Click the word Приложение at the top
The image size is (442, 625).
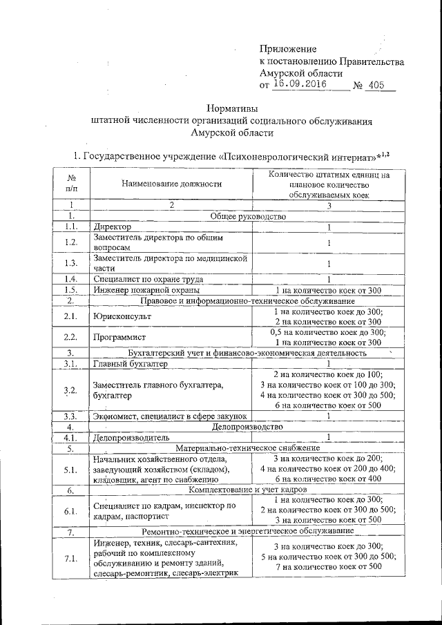click(288, 49)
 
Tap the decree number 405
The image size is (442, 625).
click(378, 86)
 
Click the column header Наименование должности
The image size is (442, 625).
click(171, 184)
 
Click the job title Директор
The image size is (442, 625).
click(112, 227)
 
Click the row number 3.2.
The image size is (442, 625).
click(70, 390)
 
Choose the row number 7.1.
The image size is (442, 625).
click(70, 558)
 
